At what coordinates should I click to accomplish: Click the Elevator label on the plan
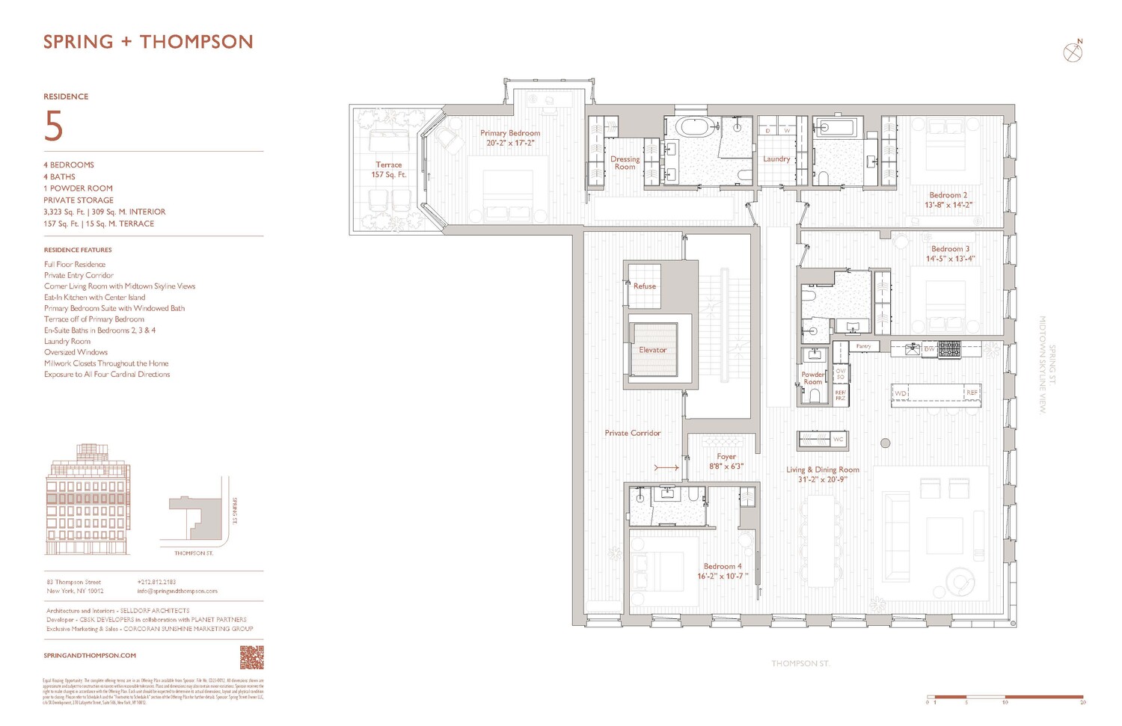[652, 350]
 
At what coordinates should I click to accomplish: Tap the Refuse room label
[644, 286]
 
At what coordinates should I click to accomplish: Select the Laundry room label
[776, 159]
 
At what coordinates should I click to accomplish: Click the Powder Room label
[813, 378]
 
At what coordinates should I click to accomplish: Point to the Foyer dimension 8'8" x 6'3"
[726, 467]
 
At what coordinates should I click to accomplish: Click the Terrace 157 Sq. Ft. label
[388, 170]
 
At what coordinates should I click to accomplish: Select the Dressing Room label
[625, 163]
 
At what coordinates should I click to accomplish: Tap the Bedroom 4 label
[723, 567]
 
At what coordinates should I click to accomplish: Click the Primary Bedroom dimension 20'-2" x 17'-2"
[510, 143]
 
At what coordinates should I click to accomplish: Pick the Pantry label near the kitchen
[863, 346]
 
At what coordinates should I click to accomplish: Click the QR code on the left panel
[251, 658]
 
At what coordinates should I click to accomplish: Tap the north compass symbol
[1073, 52]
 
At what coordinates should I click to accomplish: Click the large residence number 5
[54, 126]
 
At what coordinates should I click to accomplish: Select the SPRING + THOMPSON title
[148, 42]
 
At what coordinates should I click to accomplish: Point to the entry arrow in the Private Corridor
[666, 468]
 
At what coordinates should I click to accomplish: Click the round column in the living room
[885, 443]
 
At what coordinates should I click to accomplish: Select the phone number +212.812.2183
[156, 582]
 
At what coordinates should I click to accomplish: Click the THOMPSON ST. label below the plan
[800, 663]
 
